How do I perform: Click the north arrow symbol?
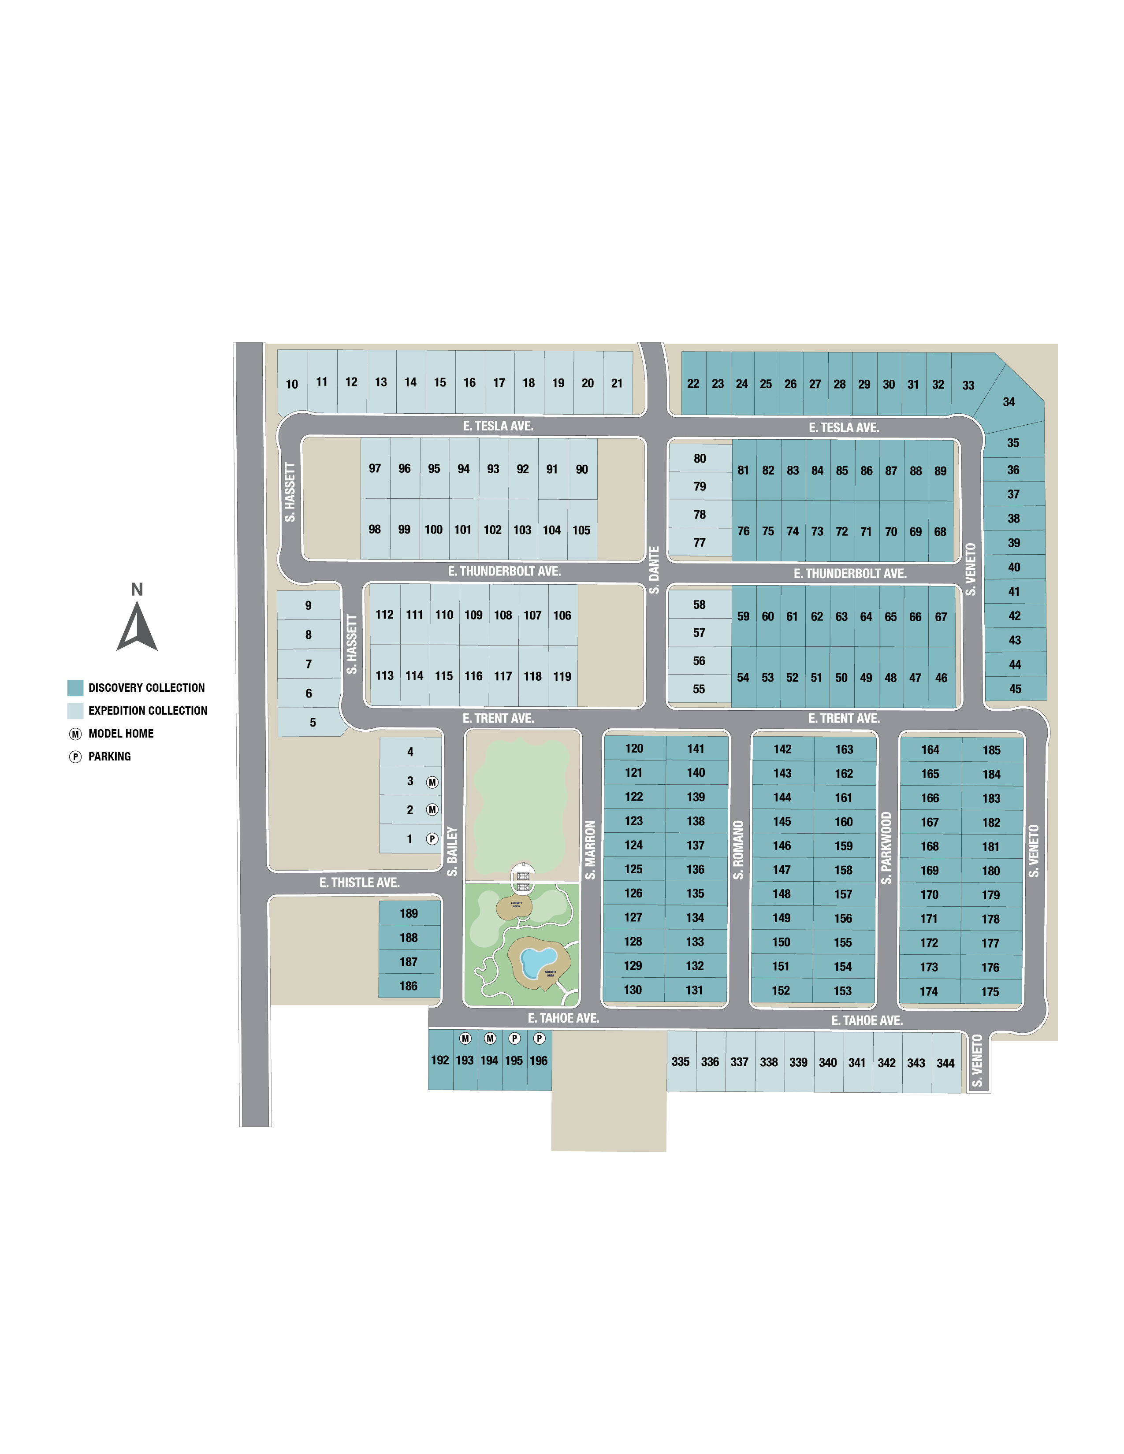tap(137, 627)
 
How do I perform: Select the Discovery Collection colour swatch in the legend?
tap(75, 688)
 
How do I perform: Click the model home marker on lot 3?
tap(432, 782)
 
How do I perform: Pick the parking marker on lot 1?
tap(432, 839)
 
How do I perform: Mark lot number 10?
tap(292, 384)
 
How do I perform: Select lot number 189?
tap(409, 913)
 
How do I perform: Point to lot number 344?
tap(945, 1063)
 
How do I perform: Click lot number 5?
tap(313, 722)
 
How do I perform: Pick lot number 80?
tap(700, 459)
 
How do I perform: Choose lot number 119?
tap(562, 676)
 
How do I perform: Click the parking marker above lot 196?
tap(540, 1039)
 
